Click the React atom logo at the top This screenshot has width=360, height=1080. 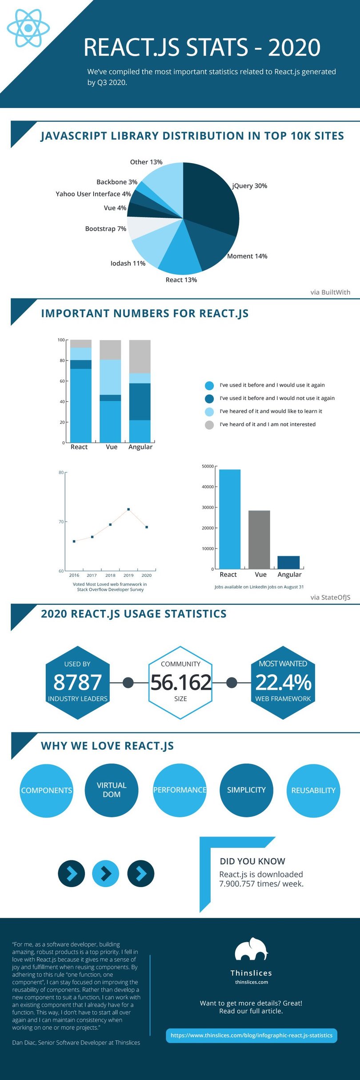tap(28, 28)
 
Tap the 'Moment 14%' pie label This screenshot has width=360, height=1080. tap(247, 256)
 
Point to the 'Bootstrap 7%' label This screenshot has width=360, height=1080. tap(106, 228)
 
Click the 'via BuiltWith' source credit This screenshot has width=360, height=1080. tap(330, 292)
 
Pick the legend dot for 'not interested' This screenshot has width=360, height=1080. tap(209, 425)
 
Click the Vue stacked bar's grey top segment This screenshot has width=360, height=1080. tap(110, 350)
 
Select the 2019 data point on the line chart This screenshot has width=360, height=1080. tap(128, 509)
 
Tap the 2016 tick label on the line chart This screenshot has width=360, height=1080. tap(74, 575)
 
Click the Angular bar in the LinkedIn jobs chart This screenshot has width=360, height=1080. tap(288, 562)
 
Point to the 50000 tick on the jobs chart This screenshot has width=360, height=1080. tap(208, 466)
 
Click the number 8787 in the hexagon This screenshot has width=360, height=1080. tap(78, 682)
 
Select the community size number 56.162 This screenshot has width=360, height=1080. tap(180, 682)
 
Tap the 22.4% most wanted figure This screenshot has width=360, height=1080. tap(283, 682)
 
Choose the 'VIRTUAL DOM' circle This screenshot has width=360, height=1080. tap(112, 790)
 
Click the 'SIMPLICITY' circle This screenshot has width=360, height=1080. tap(246, 790)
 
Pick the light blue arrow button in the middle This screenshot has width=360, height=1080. tap(106, 873)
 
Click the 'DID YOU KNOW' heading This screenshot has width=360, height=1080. tap(252, 861)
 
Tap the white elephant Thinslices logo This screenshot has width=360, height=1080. tap(252, 949)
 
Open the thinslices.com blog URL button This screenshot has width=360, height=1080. tap(252, 1035)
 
